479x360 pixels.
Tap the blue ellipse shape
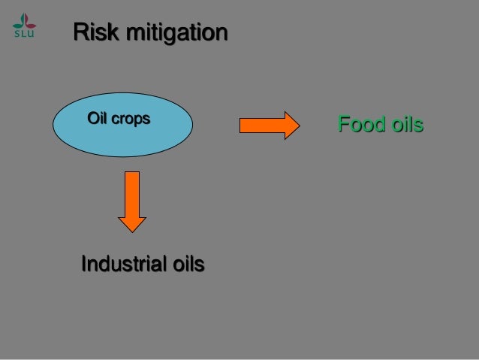pos(122,125)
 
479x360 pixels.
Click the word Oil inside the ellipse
pos(98,119)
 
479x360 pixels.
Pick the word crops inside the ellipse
pos(133,119)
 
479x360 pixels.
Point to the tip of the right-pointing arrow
pos(299,125)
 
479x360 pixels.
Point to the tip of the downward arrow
pos(132,230)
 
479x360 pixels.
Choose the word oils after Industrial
pos(188,265)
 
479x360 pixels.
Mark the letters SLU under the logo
pos(23,32)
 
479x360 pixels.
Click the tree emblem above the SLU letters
pos(23,19)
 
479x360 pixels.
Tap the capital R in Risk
pos(80,33)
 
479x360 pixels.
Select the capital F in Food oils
pos(344,124)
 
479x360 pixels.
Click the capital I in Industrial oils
pos(83,265)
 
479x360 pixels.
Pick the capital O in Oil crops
pos(93,119)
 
